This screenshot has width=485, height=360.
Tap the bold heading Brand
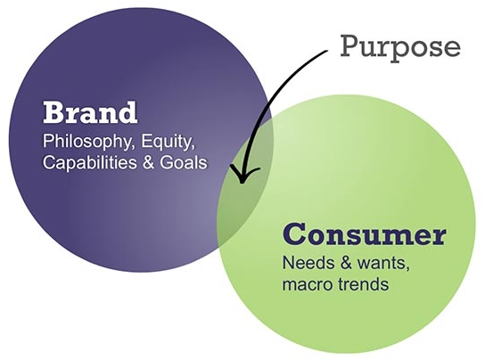[x=90, y=112]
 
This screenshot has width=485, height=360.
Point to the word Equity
[x=169, y=142]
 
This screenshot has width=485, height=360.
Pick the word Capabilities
[x=90, y=163]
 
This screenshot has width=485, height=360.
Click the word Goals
[x=184, y=162]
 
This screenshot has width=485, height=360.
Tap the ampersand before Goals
[x=149, y=163]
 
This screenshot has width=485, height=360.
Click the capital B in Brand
[x=54, y=113]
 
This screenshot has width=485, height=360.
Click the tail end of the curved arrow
[x=327, y=51]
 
